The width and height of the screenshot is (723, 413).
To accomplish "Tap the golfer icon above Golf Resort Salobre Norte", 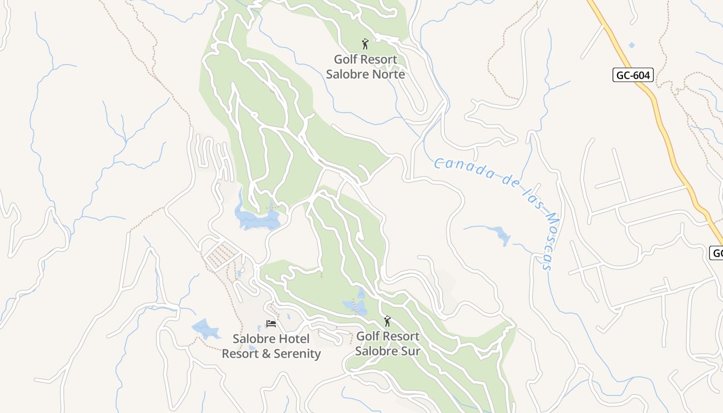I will pos(365,44).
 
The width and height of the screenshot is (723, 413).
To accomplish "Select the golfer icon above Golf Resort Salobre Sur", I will pos(387,321).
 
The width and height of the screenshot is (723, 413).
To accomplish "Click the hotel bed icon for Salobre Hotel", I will pos(271,324).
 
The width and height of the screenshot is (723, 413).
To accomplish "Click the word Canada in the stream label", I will pos(464,169).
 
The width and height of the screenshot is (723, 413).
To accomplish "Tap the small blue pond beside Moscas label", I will pos(501,235).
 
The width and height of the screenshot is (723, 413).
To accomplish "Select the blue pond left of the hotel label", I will pos(206,328).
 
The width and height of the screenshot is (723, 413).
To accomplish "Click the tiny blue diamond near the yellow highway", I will pos(632,45).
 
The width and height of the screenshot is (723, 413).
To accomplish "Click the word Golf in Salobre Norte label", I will pos(345,59).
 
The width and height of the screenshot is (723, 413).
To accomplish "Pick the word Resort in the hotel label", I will pos(239,354).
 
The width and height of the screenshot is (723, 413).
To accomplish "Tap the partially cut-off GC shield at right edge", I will pos(717,253).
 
